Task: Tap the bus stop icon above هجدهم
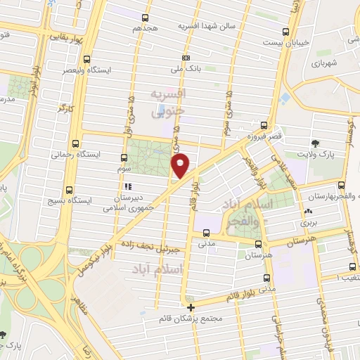point(146,18)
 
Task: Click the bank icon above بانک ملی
point(186,58)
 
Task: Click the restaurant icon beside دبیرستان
point(128,186)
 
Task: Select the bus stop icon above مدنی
point(206,233)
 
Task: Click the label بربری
point(309,222)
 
